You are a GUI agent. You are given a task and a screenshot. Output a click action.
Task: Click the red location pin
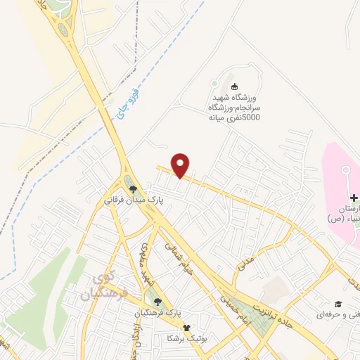point(181,165)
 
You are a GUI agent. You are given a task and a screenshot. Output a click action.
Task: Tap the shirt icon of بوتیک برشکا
point(186,328)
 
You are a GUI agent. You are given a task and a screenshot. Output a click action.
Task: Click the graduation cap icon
point(337,304)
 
